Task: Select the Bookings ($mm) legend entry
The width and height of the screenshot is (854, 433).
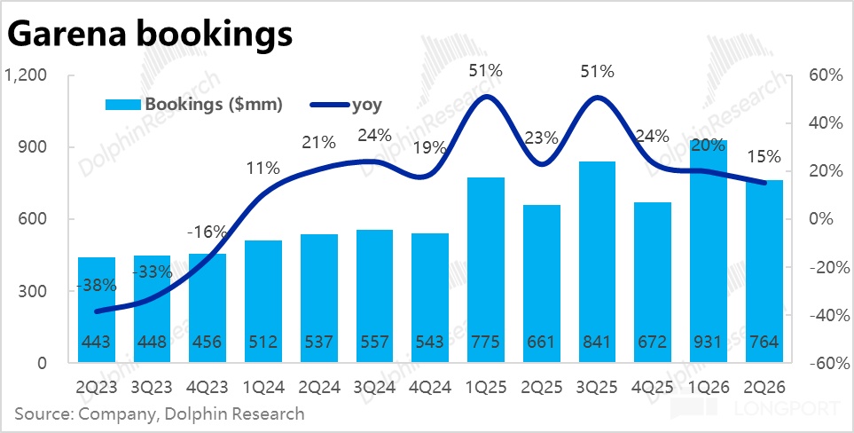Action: click(x=194, y=105)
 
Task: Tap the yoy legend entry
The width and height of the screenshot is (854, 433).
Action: click(x=345, y=105)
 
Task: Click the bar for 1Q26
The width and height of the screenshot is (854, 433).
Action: click(x=709, y=251)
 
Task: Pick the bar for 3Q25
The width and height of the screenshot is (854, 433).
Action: click(x=597, y=262)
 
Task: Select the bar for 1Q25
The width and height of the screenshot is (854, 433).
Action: click(x=486, y=270)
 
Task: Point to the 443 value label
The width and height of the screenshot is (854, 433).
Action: click(x=97, y=342)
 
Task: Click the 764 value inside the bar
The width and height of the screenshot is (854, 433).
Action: click(x=764, y=342)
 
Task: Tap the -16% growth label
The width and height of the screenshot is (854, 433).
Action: click(x=208, y=232)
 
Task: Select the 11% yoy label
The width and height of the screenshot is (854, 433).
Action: click(x=262, y=168)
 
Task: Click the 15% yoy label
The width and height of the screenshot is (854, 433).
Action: click(x=764, y=157)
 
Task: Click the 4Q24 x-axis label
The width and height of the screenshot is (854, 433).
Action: click(x=430, y=387)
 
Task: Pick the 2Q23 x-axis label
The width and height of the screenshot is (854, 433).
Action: click(x=97, y=387)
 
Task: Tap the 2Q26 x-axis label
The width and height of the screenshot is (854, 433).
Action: click(x=764, y=387)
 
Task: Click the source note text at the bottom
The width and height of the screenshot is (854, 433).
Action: click(x=160, y=413)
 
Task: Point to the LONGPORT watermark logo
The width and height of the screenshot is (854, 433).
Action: click(x=757, y=408)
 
